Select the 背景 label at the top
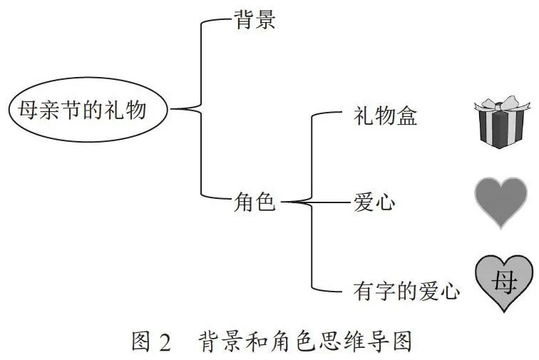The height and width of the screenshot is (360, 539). [x=255, y=19]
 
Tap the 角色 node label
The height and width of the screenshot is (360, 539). [x=255, y=202]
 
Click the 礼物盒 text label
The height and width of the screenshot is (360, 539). [x=385, y=116]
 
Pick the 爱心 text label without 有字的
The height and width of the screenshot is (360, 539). [x=374, y=202]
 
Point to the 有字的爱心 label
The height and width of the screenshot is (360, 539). [x=406, y=291]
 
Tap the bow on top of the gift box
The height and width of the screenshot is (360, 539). [x=501, y=104]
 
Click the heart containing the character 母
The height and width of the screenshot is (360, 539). [x=504, y=283]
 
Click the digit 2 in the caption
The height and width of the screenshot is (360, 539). [x=165, y=342]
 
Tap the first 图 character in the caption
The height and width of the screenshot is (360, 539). [x=141, y=341]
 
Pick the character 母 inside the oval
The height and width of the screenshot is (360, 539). [x=29, y=110]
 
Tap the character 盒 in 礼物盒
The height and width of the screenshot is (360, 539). [x=406, y=116]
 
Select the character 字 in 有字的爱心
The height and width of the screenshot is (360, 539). [x=385, y=291]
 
